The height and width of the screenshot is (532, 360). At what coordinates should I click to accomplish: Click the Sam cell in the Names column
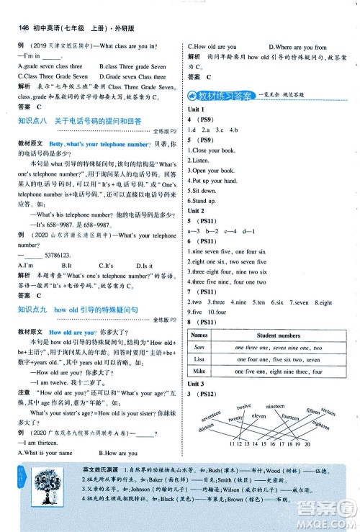pos(201,347)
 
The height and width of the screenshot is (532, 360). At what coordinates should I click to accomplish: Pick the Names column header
pos(201,335)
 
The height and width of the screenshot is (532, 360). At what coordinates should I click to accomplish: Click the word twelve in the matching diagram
pos(243,407)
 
